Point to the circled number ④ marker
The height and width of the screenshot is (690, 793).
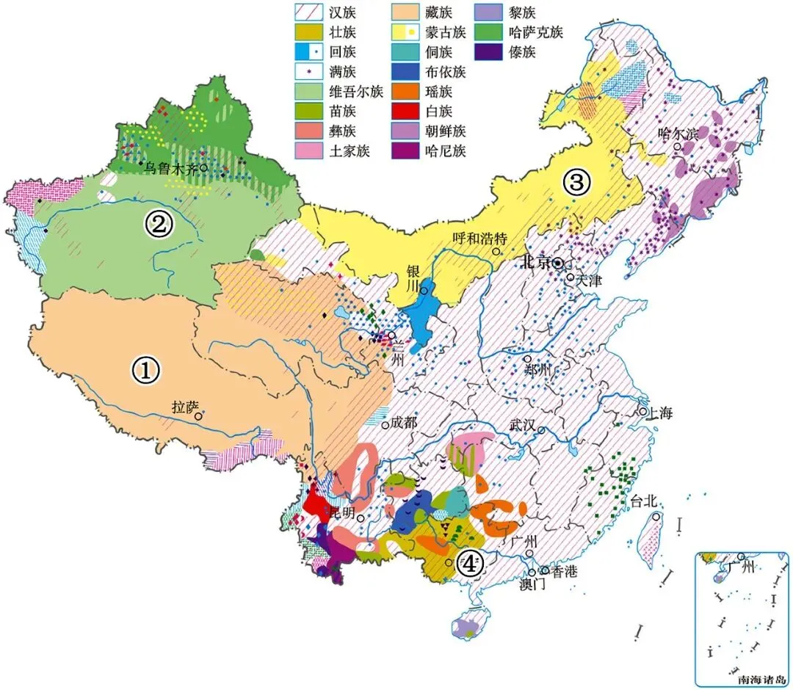coord(469,564)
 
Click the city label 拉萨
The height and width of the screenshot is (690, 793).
coord(184,407)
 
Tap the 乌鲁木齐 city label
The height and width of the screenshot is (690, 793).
coord(170,167)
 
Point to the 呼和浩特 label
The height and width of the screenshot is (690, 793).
coord(477,238)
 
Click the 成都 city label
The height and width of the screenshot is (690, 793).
coord(404,422)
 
